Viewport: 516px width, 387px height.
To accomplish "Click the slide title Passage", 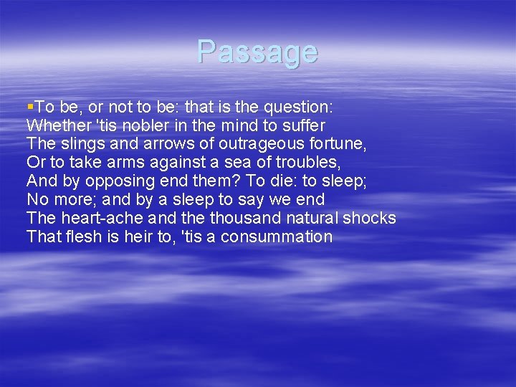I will (x=257, y=52).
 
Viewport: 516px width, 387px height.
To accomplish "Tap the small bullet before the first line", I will (x=30, y=106).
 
